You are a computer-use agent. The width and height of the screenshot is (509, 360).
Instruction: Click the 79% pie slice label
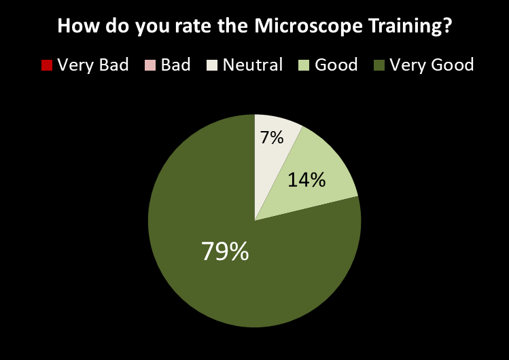click(225, 252)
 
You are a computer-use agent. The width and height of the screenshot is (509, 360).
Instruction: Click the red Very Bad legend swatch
click(47, 65)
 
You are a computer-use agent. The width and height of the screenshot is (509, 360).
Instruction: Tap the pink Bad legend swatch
click(150, 65)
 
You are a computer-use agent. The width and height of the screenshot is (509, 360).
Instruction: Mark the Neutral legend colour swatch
click(212, 65)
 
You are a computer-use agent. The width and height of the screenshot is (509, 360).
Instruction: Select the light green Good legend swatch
click(304, 65)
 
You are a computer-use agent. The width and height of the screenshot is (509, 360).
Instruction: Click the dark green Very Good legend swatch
click(379, 65)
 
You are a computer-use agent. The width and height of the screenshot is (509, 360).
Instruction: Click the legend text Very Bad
click(93, 65)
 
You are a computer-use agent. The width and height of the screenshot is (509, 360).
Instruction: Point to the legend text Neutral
click(252, 65)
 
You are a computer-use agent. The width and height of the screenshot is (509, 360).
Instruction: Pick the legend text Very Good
click(432, 65)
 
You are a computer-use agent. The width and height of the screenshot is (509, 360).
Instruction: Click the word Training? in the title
click(408, 26)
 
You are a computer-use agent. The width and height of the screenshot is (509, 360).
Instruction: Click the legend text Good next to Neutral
click(336, 65)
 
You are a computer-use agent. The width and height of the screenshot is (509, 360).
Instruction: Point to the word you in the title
click(144, 26)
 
